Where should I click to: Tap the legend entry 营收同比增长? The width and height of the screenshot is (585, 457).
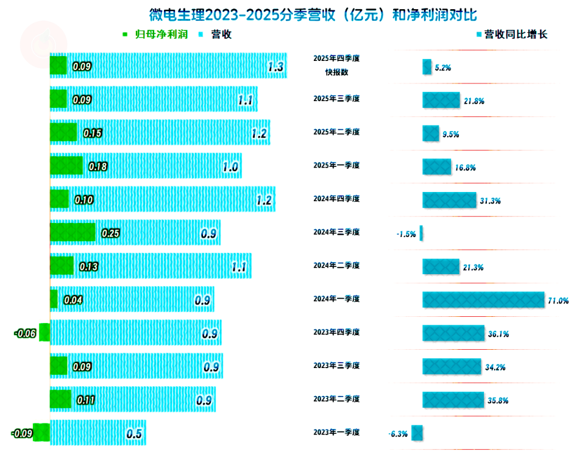pyautogui.click(x=516, y=35)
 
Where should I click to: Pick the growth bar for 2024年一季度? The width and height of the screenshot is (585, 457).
pyautogui.click(x=483, y=300)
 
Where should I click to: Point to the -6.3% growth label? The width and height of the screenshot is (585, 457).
pyautogui.click(x=397, y=434)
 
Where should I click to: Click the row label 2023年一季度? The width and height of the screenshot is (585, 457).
pyautogui.click(x=336, y=432)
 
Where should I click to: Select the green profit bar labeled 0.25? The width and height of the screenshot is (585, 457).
pyautogui.click(x=73, y=232)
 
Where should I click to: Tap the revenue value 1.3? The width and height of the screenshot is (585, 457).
pyautogui.click(x=275, y=67)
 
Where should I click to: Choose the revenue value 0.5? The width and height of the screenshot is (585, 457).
pyautogui.click(x=134, y=434)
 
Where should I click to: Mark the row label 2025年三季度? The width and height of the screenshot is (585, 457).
pyautogui.click(x=336, y=99)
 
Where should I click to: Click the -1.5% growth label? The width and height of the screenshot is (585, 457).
pyautogui.click(x=406, y=234)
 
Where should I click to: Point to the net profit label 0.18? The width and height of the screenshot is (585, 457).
pyautogui.click(x=98, y=166)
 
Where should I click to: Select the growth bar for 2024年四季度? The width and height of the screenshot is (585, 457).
pyautogui.click(x=449, y=200)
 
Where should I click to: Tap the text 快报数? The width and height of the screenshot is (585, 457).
pyautogui.click(x=336, y=72)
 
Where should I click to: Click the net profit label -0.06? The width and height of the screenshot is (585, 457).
pyautogui.click(x=25, y=333)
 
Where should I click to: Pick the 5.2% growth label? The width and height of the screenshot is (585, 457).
pyautogui.click(x=443, y=68)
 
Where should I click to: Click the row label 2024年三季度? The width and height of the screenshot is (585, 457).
pyautogui.click(x=336, y=232)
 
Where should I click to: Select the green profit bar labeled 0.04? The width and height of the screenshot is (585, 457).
pyautogui.click(x=54, y=299)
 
